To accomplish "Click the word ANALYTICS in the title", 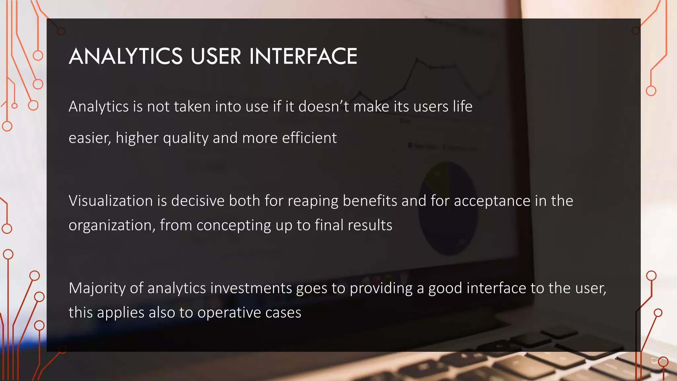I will coord(126,56).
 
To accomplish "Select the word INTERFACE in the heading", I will coord(303,56).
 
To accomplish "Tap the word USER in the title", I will coord(216,56).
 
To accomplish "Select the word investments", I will coord(251,288).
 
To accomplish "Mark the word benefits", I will coord(370,201).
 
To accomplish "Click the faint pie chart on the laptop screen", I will coord(448,208).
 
